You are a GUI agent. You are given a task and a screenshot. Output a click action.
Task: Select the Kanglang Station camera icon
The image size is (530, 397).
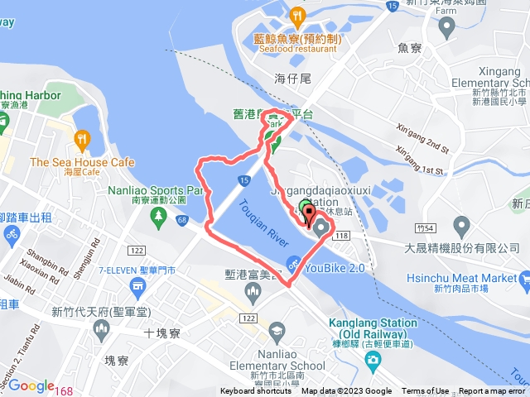click(373, 360)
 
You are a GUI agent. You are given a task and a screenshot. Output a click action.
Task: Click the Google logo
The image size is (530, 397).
click(31, 386)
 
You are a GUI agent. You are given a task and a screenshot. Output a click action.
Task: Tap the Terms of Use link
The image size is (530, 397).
click(425, 391)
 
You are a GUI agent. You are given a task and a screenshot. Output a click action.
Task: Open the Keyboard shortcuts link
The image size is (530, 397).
click(256, 391)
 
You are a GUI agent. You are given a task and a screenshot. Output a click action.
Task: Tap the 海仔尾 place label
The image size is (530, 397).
click(291, 78)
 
